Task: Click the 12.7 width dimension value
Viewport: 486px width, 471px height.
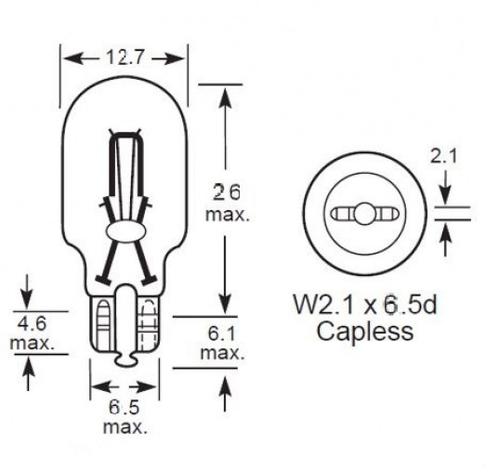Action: pyautogui.click(x=125, y=59)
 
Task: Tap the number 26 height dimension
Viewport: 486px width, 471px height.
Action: pyautogui.click(x=227, y=193)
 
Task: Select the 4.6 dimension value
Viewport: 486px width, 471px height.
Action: pyautogui.click(x=31, y=325)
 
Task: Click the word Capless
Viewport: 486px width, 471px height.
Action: pyautogui.click(x=365, y=332)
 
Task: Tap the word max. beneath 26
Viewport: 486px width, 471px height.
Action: pyautogui.click(x=228, y=216)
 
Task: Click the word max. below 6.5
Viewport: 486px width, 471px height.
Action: pyautogui.click(x=125, y=427)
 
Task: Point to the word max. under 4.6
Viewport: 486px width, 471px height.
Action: pyautogui.click(x=32, y=344)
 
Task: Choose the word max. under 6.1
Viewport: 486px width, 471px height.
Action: pyautogui.click(x=222, y=354)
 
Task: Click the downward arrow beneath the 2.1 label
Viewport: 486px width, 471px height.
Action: pyautogui.click(x=444, y=191)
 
